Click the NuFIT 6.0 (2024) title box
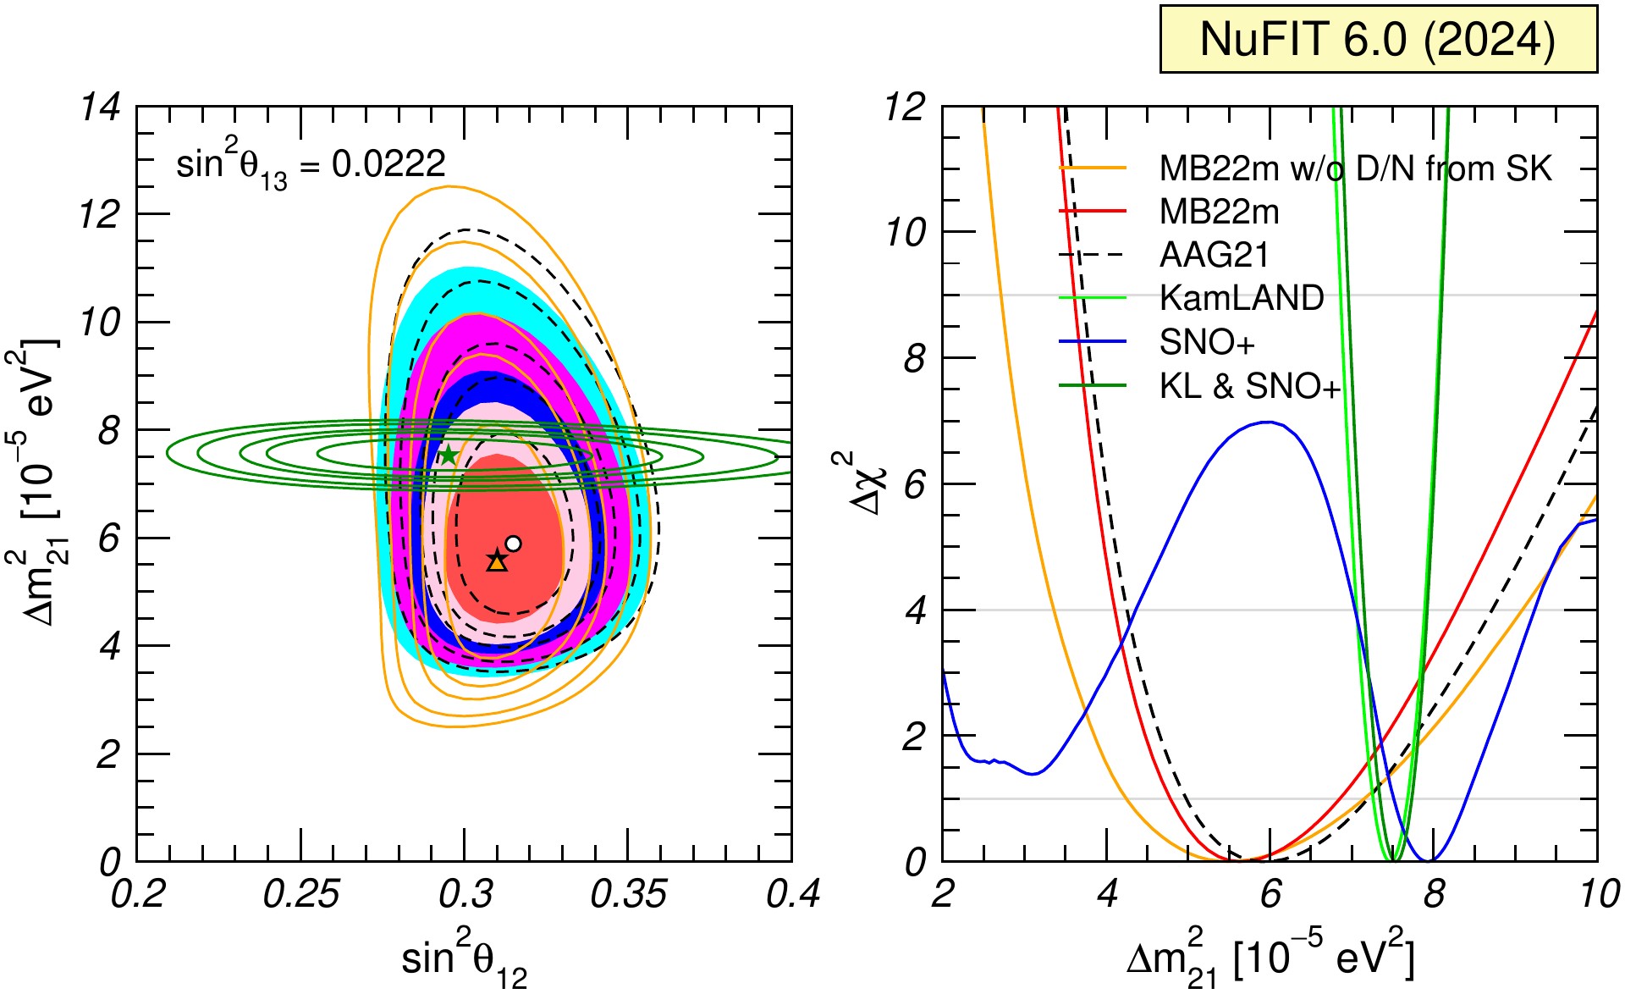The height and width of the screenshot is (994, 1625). (1378, 39)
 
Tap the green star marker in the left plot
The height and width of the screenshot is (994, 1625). (448, 456)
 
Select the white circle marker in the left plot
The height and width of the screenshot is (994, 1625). (513, 544)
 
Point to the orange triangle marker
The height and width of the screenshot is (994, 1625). (497, 561)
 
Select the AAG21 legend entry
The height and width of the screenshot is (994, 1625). (1164, 255)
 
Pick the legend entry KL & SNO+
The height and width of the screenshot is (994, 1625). (1200, 386)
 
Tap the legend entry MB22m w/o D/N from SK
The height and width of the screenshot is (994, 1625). (1305, 168)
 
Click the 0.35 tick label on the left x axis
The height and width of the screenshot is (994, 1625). (628, 895)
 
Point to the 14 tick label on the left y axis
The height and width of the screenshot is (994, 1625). (100, 108)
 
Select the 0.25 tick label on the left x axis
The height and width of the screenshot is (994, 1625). (300, 895)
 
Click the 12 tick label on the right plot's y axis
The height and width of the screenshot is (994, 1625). (906, 108)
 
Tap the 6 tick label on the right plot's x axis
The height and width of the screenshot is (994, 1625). (1270, 895)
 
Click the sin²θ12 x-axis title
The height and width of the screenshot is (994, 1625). (464, 962)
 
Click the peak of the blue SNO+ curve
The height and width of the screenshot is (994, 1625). (1267, 422)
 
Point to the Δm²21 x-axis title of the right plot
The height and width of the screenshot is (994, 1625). (1270, 958)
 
